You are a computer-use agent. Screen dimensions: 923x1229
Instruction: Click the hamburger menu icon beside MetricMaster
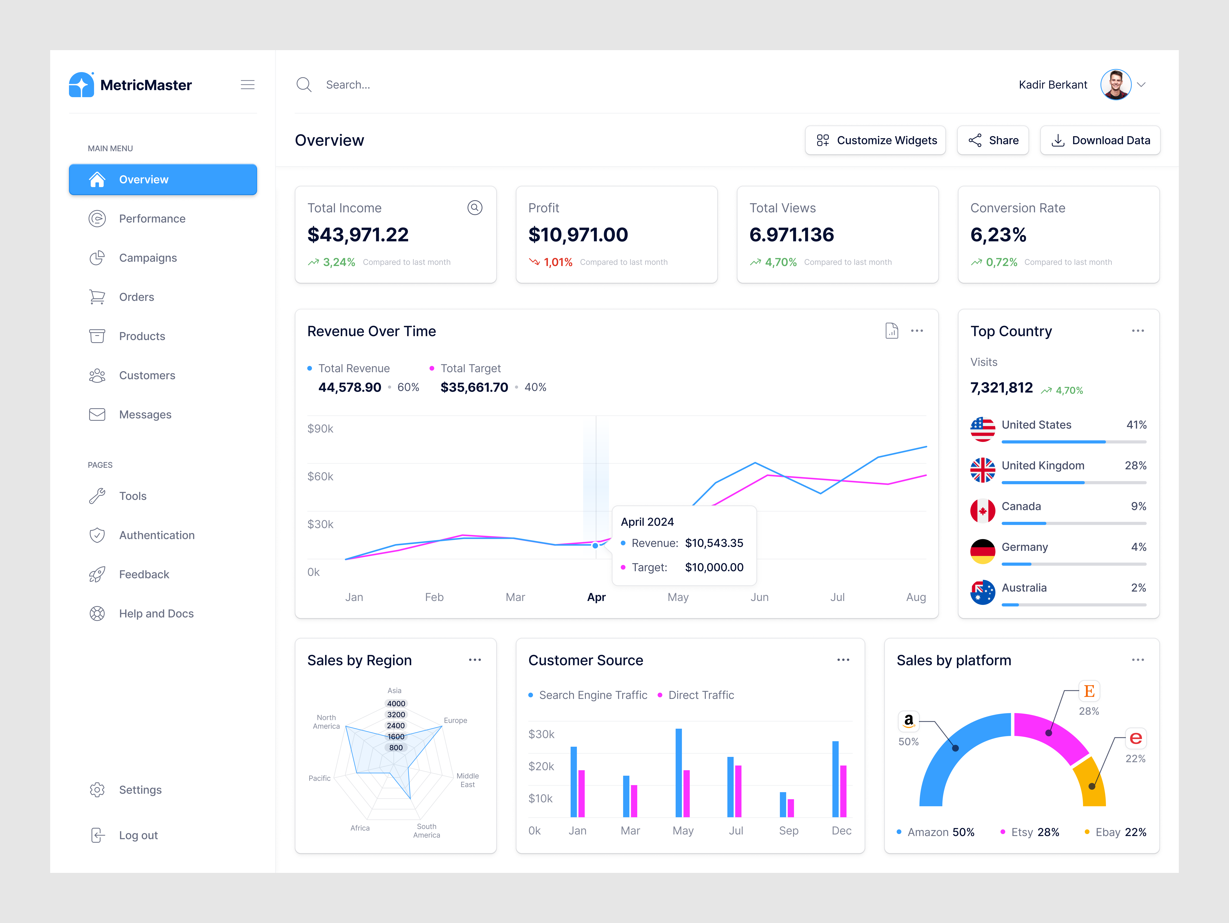click(x=247, y=85)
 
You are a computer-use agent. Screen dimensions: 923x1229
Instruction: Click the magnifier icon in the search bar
click(x=304, y=85)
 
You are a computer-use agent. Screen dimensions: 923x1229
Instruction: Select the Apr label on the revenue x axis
click(x=596, y=597)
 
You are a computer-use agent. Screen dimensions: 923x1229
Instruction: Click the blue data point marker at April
click(x=595, y=545)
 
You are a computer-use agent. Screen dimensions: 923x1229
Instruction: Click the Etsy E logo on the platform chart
click(x=1089, y=691)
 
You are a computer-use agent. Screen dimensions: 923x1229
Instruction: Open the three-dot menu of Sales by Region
click(x=474, y=660)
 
